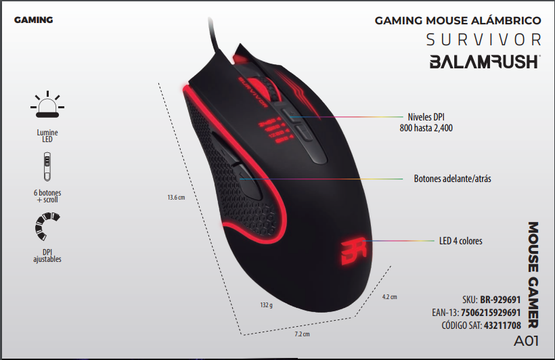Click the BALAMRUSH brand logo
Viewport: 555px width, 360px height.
485,62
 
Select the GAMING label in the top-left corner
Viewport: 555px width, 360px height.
33,20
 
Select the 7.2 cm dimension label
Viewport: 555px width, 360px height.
302,334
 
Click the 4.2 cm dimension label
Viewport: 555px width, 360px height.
389,297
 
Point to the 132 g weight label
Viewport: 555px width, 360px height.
266,305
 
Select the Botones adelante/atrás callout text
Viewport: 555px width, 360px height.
452,179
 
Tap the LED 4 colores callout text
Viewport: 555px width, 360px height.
461,240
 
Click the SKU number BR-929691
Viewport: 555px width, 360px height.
500,298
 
